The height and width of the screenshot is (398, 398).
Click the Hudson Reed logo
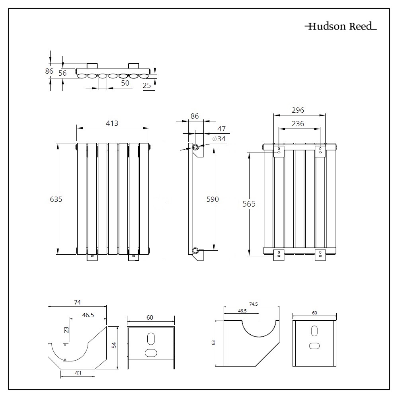point(340,27)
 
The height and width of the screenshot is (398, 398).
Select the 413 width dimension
point(112,123)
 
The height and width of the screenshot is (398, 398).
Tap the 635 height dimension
point(56,199)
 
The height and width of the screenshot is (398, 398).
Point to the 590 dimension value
point(213,199)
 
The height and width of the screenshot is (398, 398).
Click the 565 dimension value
point(249,204)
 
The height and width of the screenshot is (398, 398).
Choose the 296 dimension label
point(298,110)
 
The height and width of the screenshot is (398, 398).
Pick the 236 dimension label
point(298,124)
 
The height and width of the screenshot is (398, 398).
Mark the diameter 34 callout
point(219,139)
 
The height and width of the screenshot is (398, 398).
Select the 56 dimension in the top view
point(62,72)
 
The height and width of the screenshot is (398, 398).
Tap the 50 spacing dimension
point(125,83)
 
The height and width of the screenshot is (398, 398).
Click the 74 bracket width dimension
point(77,302)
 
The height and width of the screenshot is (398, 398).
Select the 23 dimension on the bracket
point(66,330)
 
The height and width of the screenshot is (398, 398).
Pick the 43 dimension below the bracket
point(78,373)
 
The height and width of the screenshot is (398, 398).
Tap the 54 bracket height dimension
point(114,346)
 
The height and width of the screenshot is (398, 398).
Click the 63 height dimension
point(213,342)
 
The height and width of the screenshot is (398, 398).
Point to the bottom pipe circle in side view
point(195,250)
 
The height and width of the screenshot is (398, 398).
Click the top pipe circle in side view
point(196,147)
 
